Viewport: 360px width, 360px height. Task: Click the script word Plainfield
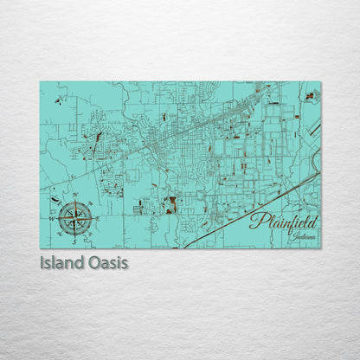(283, 222)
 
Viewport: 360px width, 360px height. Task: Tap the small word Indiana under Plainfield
(304, 236)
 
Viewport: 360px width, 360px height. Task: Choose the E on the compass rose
(98, 218)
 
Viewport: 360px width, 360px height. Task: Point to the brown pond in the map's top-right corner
(309, 95)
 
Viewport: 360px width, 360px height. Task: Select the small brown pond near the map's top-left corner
(58, 100)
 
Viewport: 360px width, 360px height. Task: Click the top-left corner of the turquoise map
(40, 82)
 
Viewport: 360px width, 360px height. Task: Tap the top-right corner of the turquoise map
(320, 82)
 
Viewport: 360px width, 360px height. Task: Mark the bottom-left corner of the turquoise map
(40, 248)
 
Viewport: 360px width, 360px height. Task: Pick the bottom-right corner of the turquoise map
(320, 248)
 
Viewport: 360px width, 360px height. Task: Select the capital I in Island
(42, 260)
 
